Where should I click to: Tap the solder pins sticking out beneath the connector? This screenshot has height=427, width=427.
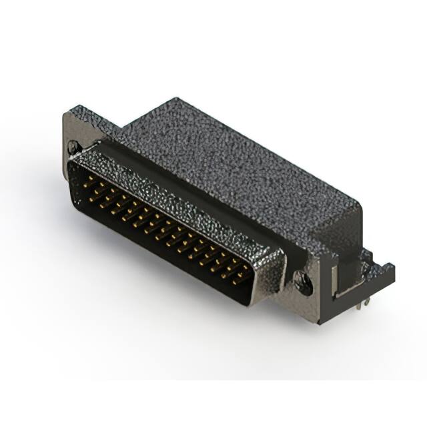click(362, 304)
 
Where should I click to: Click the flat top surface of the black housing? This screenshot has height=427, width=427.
click(240, 160)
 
